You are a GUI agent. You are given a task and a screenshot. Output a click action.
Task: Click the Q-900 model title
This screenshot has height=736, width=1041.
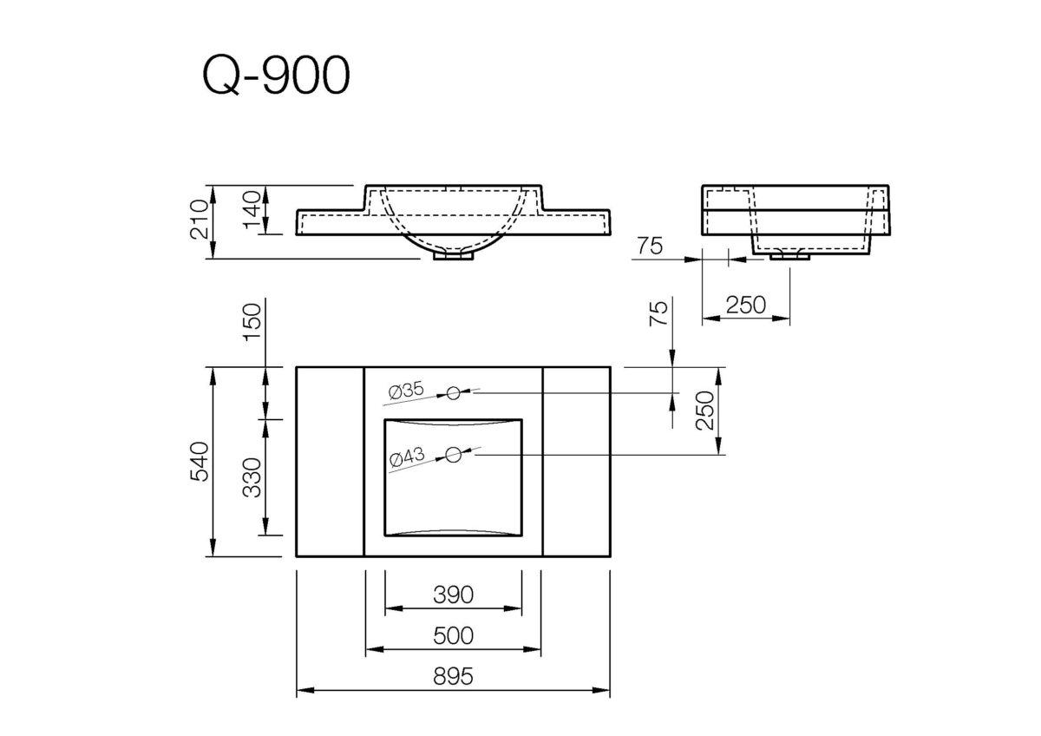pos(276,77)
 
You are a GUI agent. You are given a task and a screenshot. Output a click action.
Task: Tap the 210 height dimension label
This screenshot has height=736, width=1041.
pos(199,220)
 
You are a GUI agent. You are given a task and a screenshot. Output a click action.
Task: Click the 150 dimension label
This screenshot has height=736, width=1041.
pos(252,321)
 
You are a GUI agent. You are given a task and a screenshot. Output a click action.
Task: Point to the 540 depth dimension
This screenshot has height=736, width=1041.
pos(199,462)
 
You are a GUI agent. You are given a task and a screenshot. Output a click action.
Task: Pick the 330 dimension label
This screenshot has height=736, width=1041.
pos(252,478)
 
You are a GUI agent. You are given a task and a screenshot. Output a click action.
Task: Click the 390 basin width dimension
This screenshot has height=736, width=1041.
pos(452,595)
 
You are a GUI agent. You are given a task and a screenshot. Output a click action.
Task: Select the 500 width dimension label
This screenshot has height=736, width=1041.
pos(452,635)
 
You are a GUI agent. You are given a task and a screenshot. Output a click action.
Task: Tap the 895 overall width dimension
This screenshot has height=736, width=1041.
pos(452,677)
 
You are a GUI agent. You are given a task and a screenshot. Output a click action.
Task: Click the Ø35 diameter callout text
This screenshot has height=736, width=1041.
pos(406,392)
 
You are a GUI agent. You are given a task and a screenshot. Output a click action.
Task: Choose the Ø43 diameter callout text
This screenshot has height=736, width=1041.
pos(406,457)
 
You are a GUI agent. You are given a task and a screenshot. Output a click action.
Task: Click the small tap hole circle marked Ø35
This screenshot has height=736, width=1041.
pos(453,393)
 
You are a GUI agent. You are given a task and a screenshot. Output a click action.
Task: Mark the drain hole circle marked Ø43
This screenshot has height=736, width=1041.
pos(453,453)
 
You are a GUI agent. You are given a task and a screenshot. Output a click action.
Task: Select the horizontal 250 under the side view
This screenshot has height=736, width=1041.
pos(745,305)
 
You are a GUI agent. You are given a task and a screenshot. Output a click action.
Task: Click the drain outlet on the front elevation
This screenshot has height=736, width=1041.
pos(454,254)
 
